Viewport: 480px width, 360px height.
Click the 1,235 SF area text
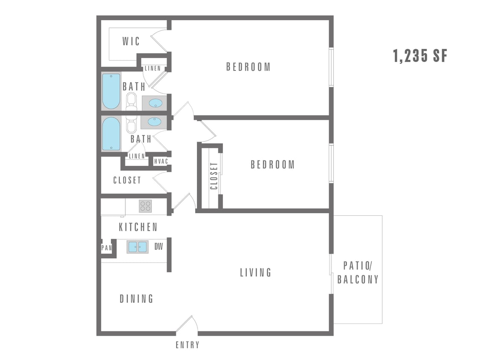[x=420, y=56]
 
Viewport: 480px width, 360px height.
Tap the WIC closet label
[x=131, y=41]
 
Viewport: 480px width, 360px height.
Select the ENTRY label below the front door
[x=187, y=345]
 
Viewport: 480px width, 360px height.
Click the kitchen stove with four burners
[x=145, y=206]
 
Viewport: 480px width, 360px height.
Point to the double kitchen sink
[x=138, y=247]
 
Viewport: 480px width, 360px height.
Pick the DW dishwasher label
[x=159, y=247]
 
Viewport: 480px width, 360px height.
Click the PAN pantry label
[x=106, y=247]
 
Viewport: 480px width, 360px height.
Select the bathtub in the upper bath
[x=111, y=91]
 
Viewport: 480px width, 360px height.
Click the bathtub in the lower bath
[x=111, y=134]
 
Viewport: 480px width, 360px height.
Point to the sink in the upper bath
[x=155, y=103]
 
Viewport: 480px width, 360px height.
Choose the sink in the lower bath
[x=154, y=122]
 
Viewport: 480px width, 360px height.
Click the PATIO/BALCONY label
[x=358, y=273]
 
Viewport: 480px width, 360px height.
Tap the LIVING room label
[x=255, y=273]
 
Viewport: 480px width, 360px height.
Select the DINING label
[x=136, y=299]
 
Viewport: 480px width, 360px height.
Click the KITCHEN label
[x=138, y=227]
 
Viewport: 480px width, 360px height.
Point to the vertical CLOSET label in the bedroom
[x=214, y=176]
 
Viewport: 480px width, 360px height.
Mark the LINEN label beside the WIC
[x=153, y=68]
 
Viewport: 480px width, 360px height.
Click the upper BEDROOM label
[x=248, y=67]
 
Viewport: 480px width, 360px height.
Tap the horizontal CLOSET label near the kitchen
[x=127, y=180]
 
